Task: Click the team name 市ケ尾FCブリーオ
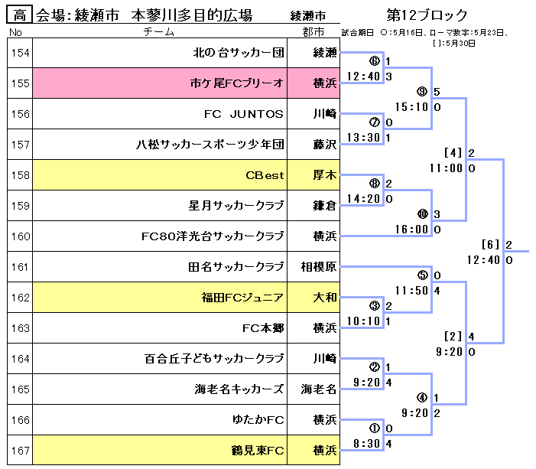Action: point(236,83)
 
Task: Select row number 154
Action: point(21,53)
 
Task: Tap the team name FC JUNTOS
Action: point(244,114)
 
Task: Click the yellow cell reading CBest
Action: point(265,175)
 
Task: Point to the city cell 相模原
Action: point(317,267)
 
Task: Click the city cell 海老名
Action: point(317,389)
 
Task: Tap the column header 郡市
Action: point(313,33)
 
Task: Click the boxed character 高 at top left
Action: point(21,15)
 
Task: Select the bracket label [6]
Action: point(491,245)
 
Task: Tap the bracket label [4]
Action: point(454,153)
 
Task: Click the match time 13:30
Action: point(362,137)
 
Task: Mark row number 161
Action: point(21,267)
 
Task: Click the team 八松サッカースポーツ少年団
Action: point(210,145)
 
